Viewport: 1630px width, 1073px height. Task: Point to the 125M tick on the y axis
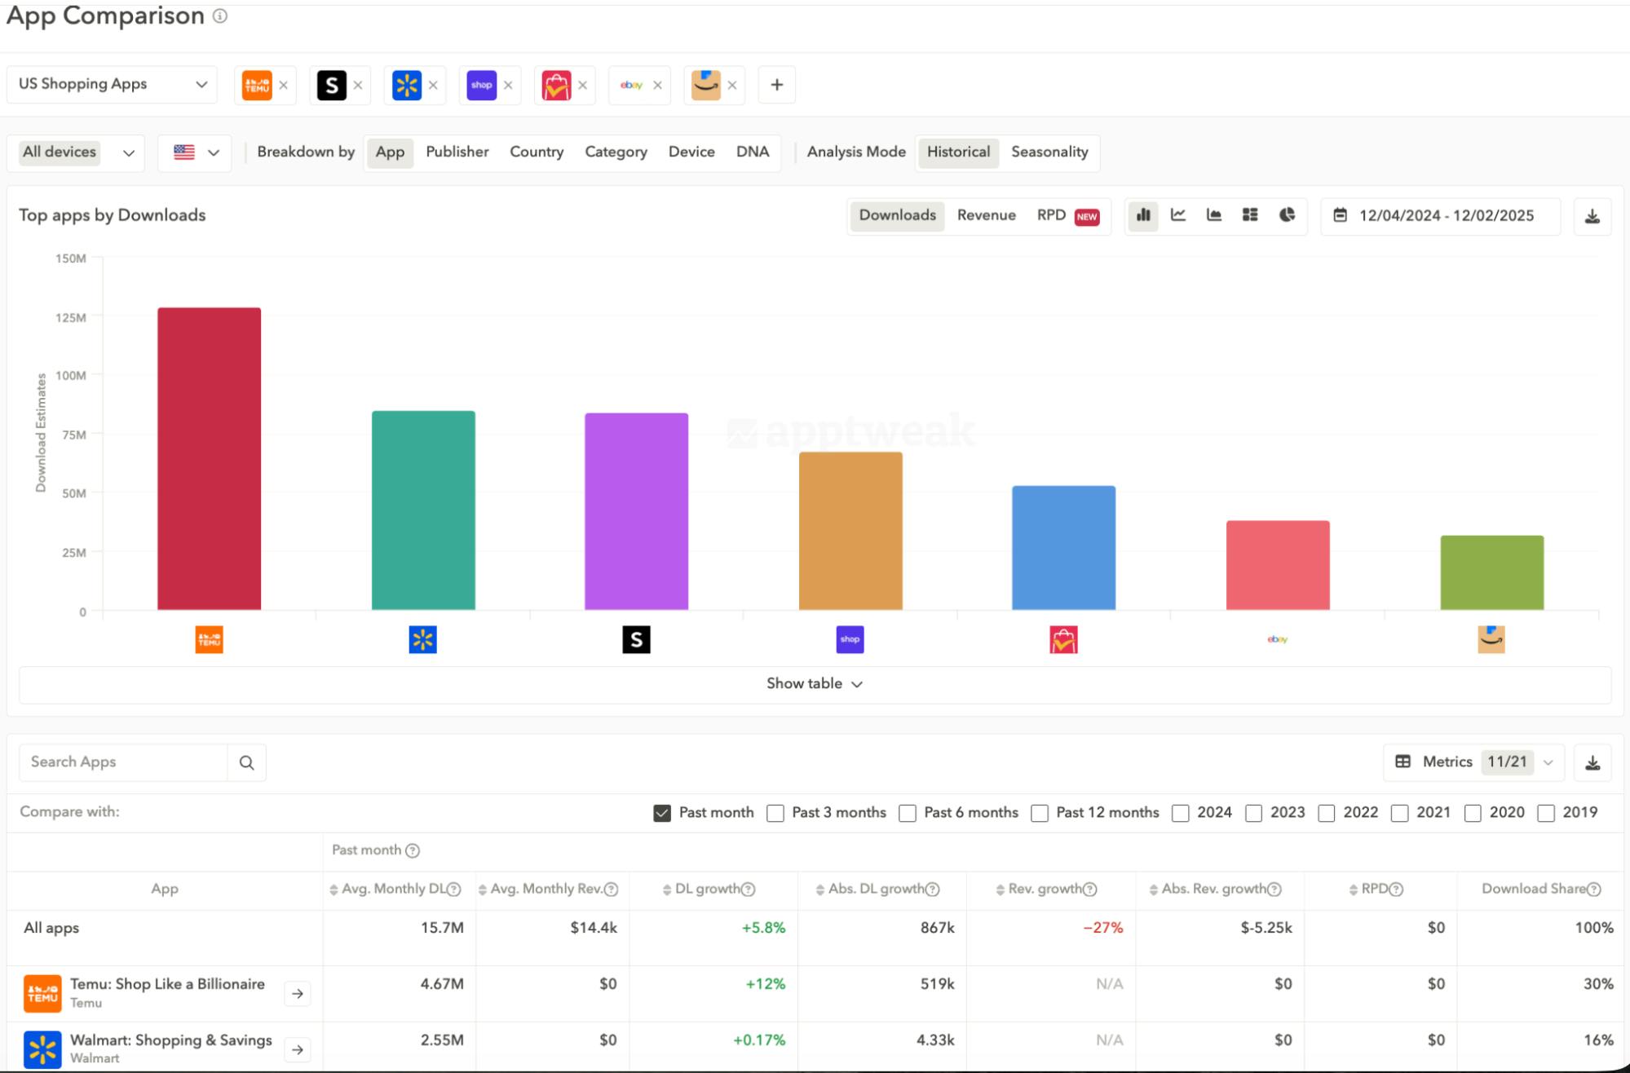(x=71, y=317)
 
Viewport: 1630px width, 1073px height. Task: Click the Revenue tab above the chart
(x=986, y=215)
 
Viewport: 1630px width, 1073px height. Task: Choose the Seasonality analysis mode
(x=1049, y=152)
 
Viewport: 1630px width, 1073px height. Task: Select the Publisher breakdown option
(x=457, y=152)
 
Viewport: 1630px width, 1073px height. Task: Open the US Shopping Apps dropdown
(x=113, y=85)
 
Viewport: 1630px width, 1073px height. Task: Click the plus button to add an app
(x=776, y=85)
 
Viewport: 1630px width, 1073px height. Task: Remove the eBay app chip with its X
(x=657, y=85)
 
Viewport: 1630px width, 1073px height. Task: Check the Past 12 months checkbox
(x=1040, y=813)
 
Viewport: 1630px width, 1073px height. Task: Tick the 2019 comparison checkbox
(x=1545, y=813)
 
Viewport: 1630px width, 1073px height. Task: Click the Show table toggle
(x=814, y=684)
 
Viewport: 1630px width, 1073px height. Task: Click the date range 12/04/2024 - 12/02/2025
(x=1446, y=216)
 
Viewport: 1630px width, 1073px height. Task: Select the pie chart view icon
(x=1287, y=215)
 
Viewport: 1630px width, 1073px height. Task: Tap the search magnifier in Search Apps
(x=246, y=762)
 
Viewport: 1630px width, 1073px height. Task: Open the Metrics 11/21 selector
(x=1473, y=762)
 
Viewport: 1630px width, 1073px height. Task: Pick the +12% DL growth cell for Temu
(x=765, y=984)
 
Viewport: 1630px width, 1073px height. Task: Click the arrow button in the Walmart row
(x=298, y=1049)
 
